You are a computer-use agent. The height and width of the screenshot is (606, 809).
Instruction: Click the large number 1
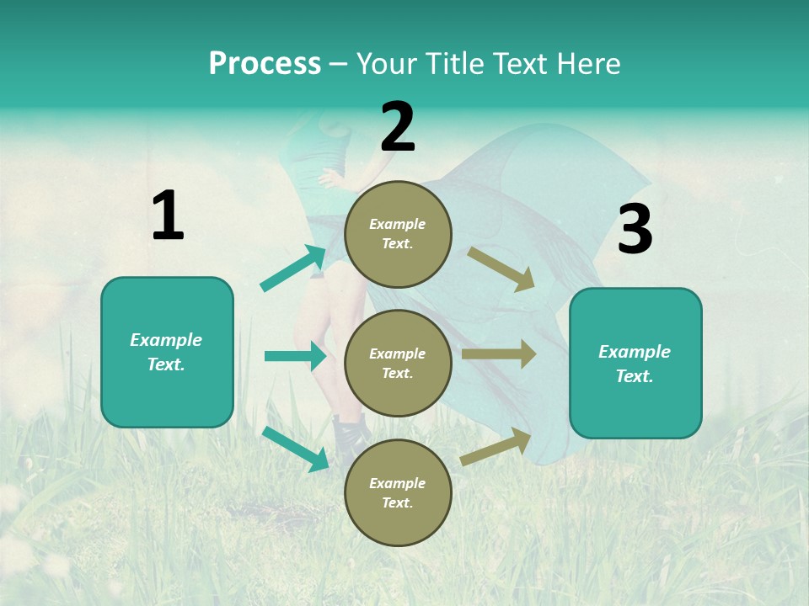(x=168, y=216)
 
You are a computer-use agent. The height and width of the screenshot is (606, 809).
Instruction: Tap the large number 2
(x=398, y=127)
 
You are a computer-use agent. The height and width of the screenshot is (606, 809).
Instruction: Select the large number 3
(x=635, y=230)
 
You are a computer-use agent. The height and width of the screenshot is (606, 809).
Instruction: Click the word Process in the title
(x=265, y=63)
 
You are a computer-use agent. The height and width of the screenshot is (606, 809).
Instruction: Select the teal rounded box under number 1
(x=167, y=352)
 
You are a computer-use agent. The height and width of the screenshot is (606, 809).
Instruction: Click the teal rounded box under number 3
(x=635, y=364)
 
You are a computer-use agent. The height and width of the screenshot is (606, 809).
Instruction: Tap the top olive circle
(x=398, y=234)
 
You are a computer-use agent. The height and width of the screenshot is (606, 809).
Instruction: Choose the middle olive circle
(x=398, y=364)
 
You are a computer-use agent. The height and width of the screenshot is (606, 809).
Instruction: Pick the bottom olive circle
(x=398, y=493)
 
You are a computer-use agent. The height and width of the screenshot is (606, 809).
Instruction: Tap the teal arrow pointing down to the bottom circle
(x=295, y=449)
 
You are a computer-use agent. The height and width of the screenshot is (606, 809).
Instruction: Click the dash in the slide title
(x=338, y=64)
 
